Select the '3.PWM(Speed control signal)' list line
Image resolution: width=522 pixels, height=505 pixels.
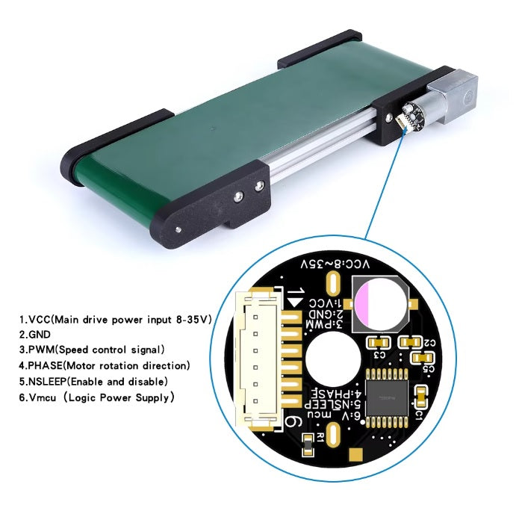tap(92, 350)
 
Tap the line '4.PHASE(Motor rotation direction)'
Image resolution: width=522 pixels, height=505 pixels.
tap(105, 365)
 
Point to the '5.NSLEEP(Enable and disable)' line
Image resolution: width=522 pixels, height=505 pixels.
tap(93, 381)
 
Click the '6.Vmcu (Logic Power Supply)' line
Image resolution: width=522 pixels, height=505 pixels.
tap(96, 397)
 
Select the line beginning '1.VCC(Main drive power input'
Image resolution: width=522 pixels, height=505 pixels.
tap(115, 319)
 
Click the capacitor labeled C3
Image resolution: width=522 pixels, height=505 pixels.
tap(376, 342)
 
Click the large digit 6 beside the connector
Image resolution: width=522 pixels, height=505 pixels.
tap(293, 423)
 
